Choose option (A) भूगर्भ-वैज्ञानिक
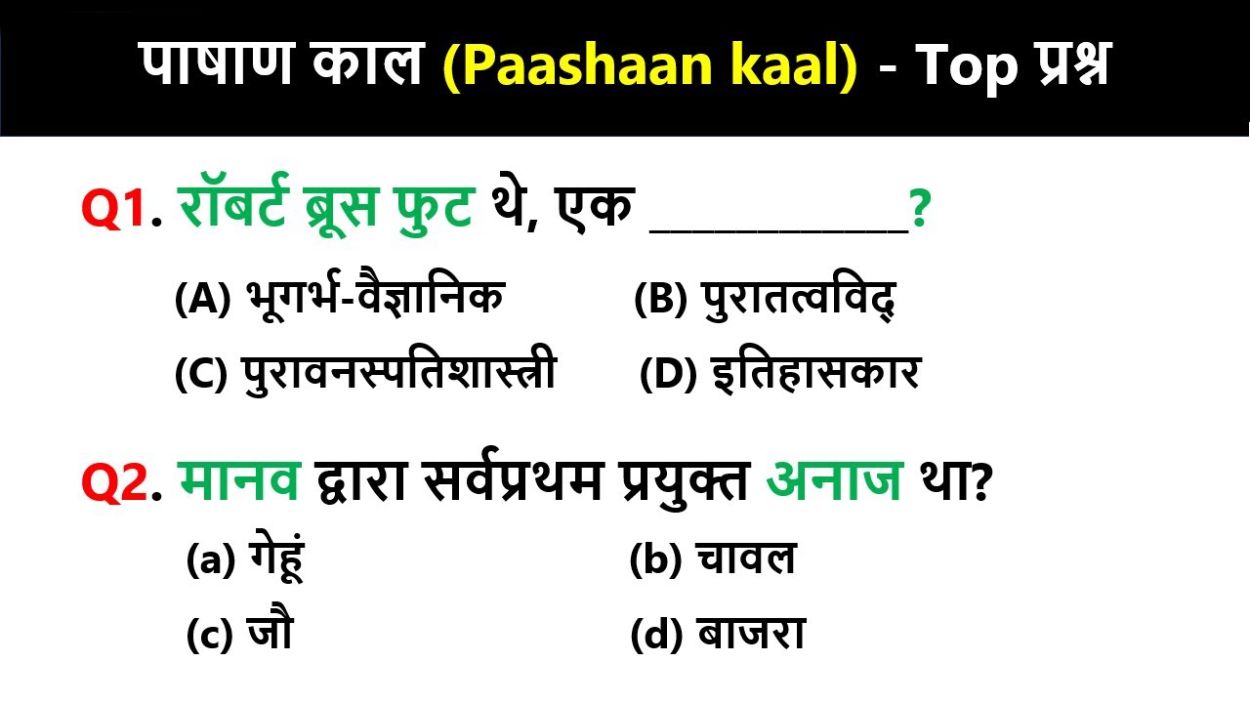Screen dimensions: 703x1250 (339, 299)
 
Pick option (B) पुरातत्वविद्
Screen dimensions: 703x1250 (765, 299)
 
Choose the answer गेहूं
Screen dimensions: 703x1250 (244, 560)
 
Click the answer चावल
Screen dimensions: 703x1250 (713, 560)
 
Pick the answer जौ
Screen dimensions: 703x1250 (239, 636)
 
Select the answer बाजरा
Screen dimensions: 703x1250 (718, 636)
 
